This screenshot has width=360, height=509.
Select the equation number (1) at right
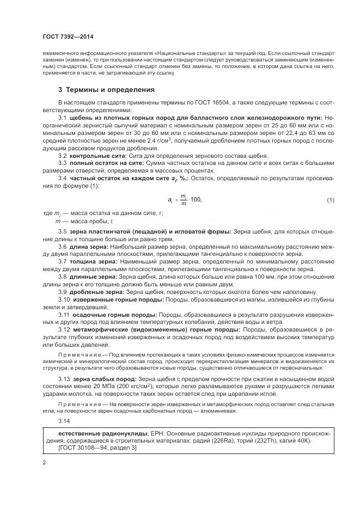pos(330,200)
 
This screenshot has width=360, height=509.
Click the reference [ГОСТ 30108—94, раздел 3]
pos(97,447)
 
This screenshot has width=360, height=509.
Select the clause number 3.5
pos(62,231)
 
